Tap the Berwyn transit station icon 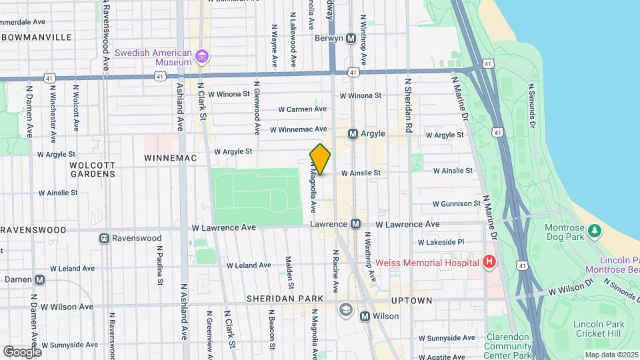[x=351, y=39]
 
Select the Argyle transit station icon [x=353, y=134]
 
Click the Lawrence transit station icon [x=356, y=225]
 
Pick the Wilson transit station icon [x=365, y=316]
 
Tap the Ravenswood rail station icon [x=105, y=238]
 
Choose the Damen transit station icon [x=40, y=280]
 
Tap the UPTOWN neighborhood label [x=411, y=301]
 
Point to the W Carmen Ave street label [x=302, y=109]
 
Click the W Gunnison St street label [x=456, y=203]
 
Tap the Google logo [x=22, y=351]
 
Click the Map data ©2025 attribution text [x=611, y=355]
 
